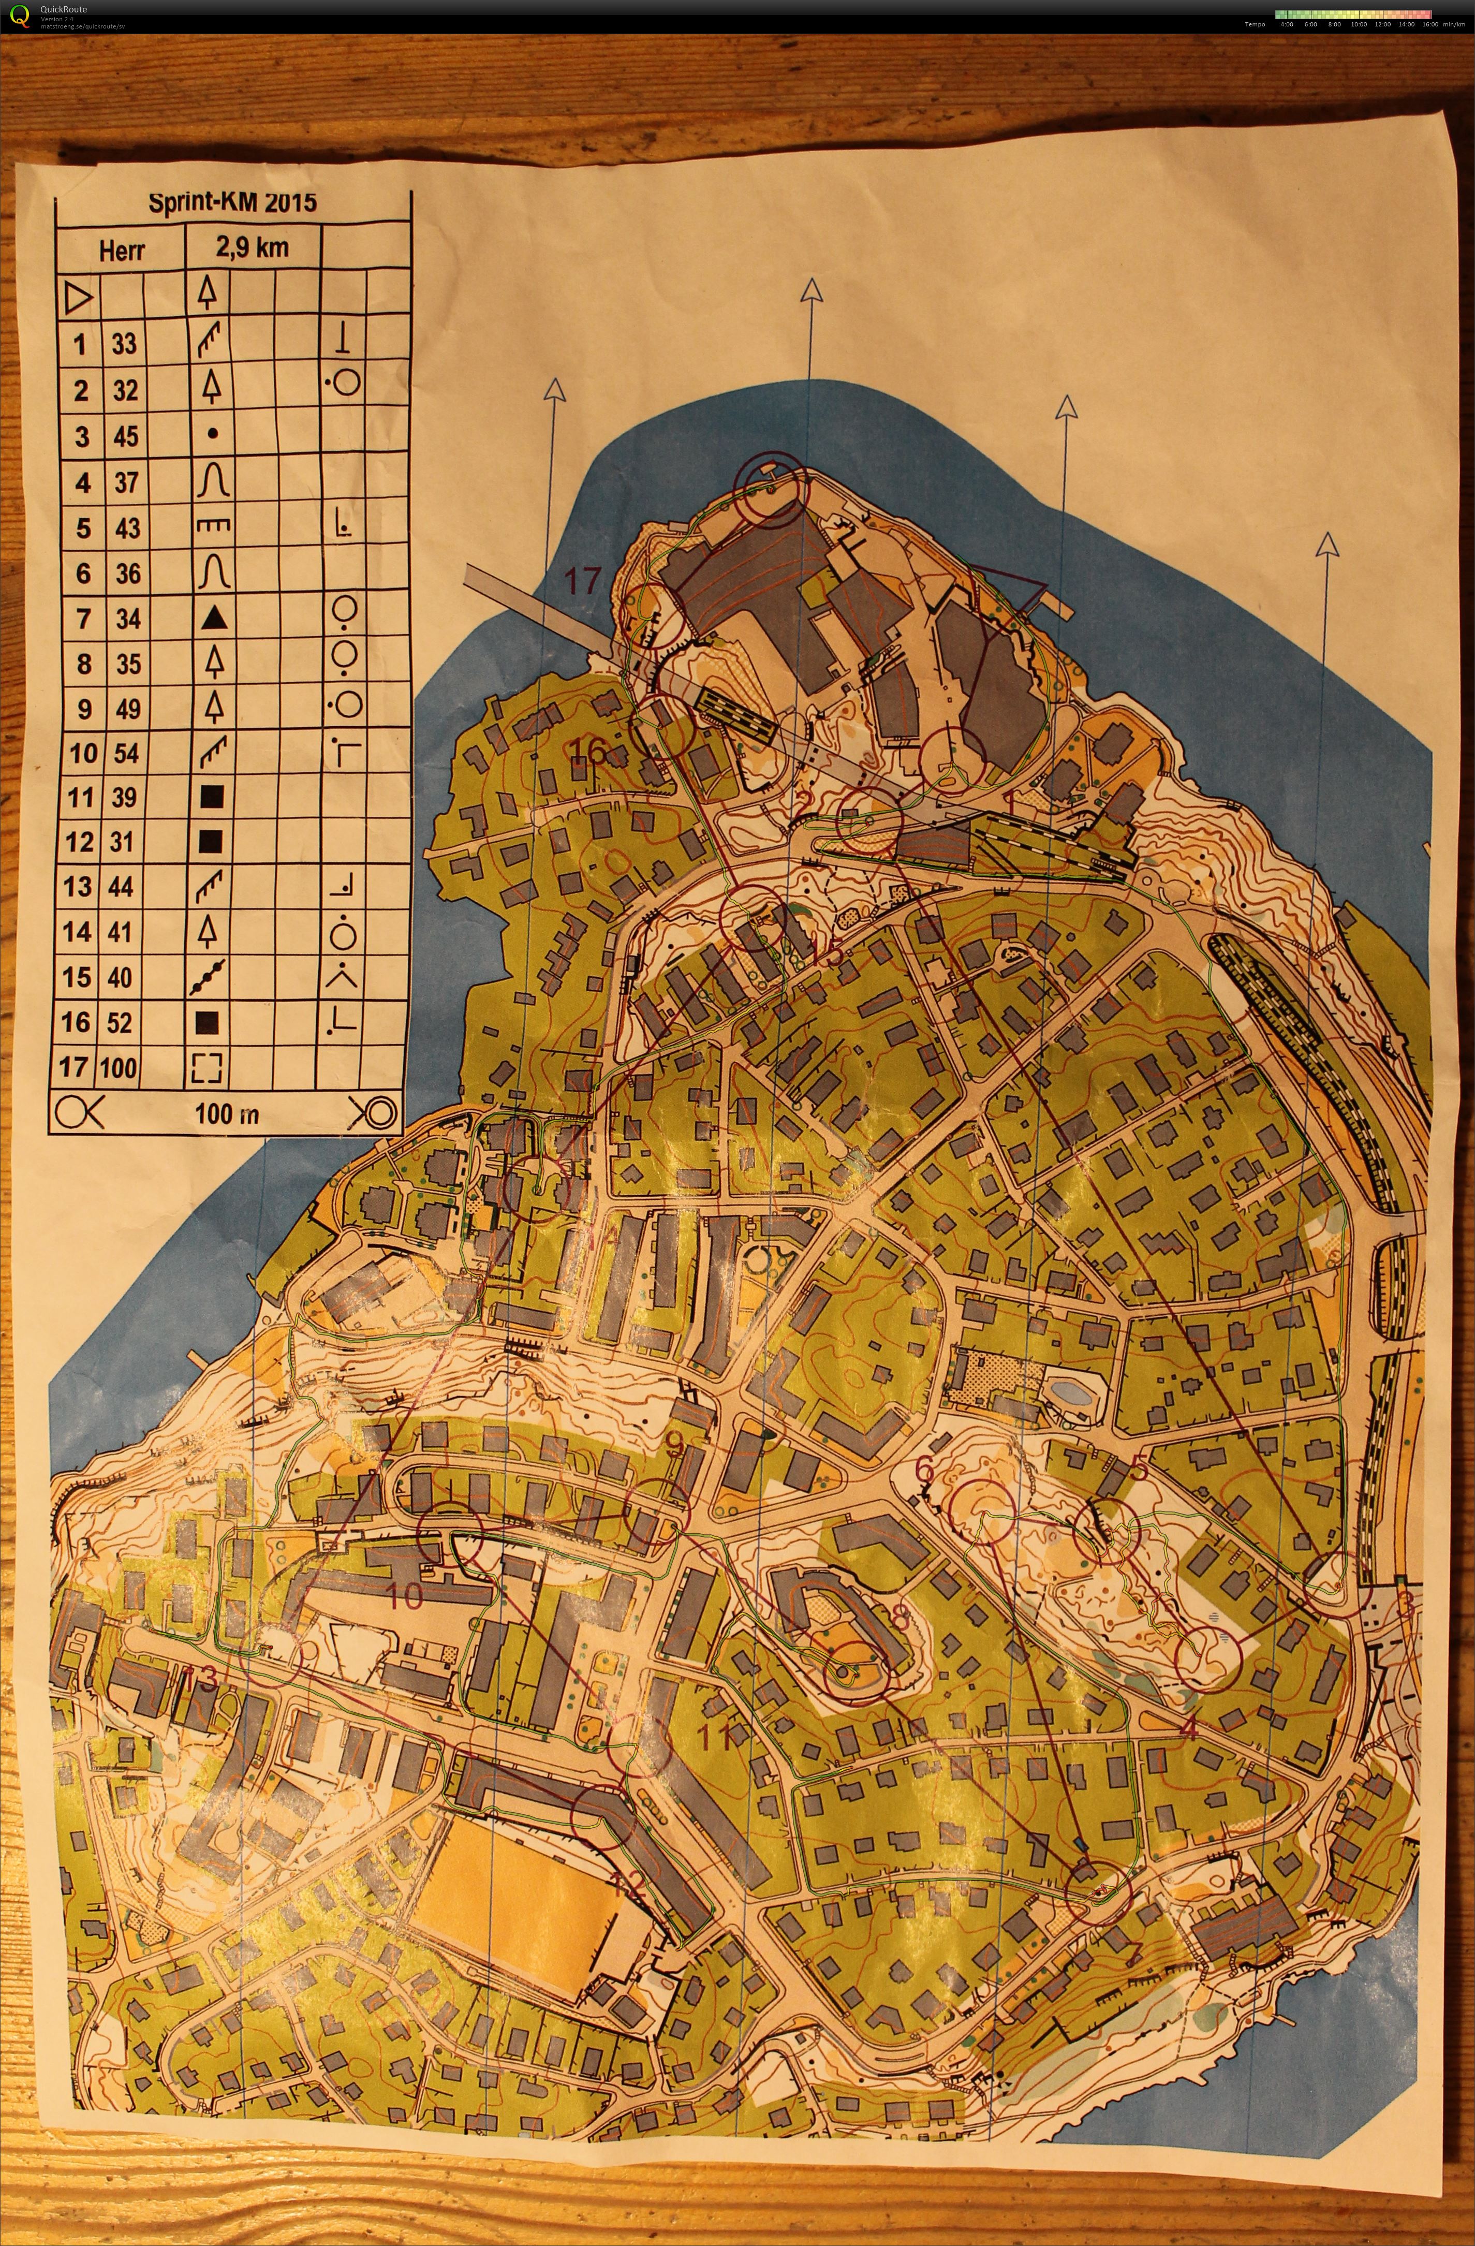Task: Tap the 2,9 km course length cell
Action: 252,248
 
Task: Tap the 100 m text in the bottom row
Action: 227,1113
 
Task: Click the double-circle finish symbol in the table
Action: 372,1112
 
